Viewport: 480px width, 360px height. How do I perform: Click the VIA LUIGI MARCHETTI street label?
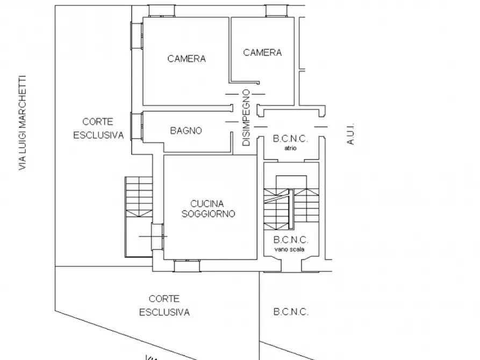pyautogui.click(x=23, y=123)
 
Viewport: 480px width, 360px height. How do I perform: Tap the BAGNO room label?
pyautogui.click(x=186, y=131)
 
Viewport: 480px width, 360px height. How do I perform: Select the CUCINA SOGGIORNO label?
pyautogui.click(x=208, y=209)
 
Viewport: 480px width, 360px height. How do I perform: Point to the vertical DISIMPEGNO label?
pyautogui.click(x=246, y=118)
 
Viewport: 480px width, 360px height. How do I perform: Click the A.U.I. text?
pyautogui.click(x=350, y=134)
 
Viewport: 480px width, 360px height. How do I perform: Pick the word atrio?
pyautogui.click(x=290, y=148)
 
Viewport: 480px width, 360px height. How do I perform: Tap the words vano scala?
pyautogui.click(x=289, y=249)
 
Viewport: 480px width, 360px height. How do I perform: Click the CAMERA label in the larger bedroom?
pyautogui.click(x=187, y=59)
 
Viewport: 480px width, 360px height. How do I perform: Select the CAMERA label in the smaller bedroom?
pyautogui.click(x=262, y=53)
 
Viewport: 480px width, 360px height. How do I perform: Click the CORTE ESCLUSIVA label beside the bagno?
pyautogui.click(x=98, y=128)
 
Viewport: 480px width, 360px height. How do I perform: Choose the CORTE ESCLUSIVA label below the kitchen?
pyautogui.click(x=164, y=306)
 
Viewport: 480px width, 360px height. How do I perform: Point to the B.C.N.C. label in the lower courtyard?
pyautogui.click(x=290, y=312)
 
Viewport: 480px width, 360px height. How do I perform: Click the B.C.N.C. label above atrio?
pyautogui.click(x=290, y=139)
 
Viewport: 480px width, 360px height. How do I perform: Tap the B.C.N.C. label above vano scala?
pyautogui.click(x=290, y=240)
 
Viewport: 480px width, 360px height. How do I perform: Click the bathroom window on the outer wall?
pyautogui.click(x=137, y=126)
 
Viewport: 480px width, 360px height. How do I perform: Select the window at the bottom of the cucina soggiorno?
pyautogui.click(x=187, y=265)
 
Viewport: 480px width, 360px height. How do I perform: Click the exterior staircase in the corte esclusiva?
pyautogui.click(x=139, y=217)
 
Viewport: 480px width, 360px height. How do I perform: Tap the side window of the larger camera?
pyautogui.click(x=137, y=35)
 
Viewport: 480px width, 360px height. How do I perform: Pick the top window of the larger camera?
pyautogui.click(x=162, y=11)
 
